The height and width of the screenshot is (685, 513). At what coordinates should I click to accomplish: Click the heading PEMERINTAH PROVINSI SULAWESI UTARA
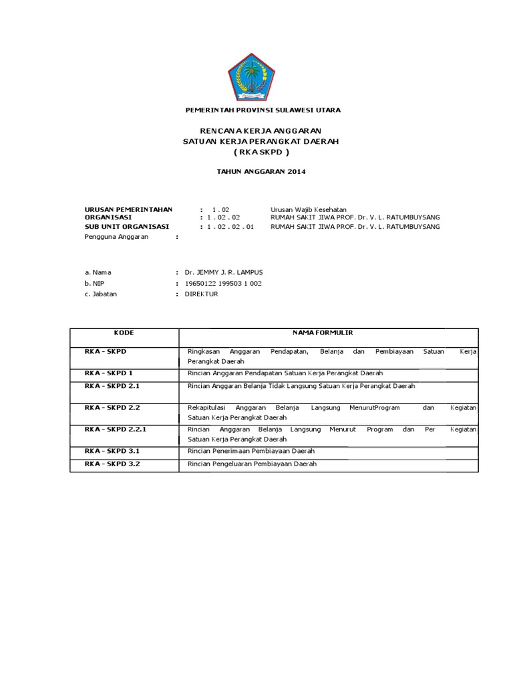point(262,110)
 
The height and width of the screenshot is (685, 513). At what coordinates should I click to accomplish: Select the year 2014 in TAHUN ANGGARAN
point(297,172)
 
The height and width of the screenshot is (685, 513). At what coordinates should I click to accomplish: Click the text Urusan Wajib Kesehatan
point(308,209)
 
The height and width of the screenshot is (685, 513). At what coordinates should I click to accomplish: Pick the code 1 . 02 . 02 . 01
point(228,227)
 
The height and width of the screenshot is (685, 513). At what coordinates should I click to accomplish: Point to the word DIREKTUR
point(201,294)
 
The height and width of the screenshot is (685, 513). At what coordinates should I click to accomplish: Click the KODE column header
point(124,332)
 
